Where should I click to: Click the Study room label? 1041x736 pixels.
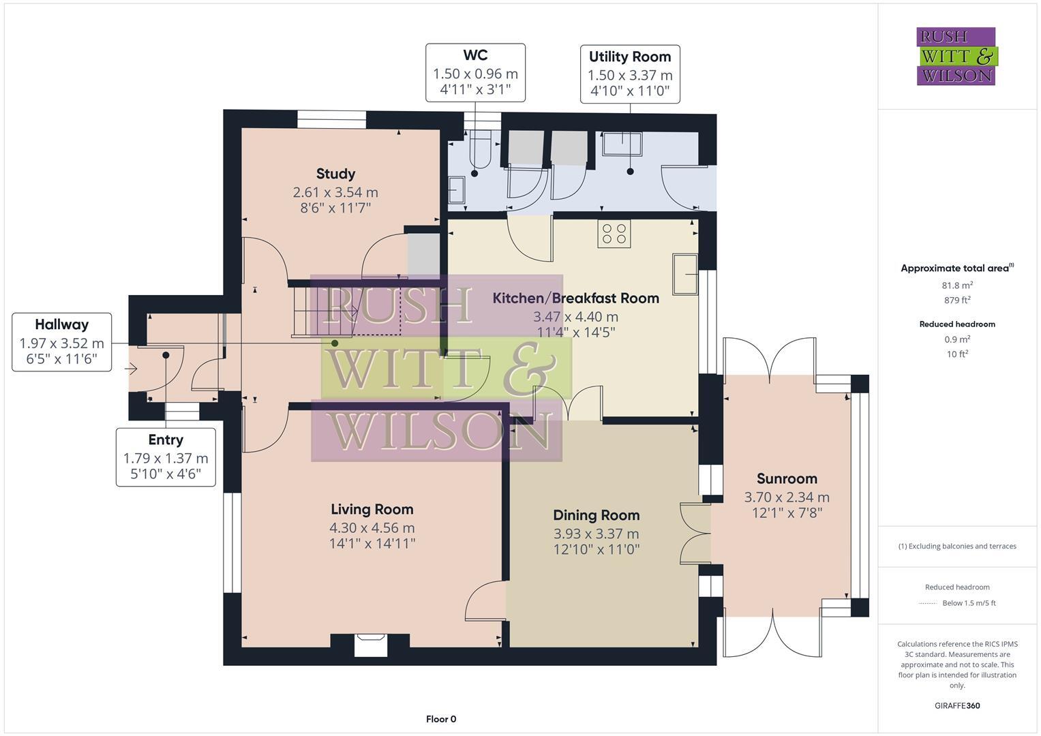pyautogui.click(x=335, y=174)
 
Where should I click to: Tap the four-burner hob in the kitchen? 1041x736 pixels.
pyautogui.click(x=614, y=233)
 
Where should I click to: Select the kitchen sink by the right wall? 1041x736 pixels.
pyautogui.click(x=685, y=275)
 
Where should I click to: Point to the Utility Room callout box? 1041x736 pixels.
pyautogui.click(x=630, y=74)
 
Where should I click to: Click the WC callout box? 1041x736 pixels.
pyautogui.click(x=475, y=72)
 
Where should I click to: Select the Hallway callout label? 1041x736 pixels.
pyautogui.click(x=61, y=325)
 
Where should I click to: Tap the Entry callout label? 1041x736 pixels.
pyautogui.click(x=166, y=440)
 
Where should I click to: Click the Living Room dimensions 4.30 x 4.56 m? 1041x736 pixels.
pyautogui.click(x=372, y=527)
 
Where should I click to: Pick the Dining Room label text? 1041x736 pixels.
pyautogui.click(x=596, y=515)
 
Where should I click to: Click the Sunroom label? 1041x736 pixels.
pyautogui.click(x=787, y=478)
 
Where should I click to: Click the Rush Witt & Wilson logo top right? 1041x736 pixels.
pyautogui.click(x=956, y=57)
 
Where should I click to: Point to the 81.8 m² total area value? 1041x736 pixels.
pyautogui.click(x=957, y=286)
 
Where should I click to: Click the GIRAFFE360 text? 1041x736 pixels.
pyautogui.click(x=957, y=706)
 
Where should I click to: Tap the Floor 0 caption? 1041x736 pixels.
pyautogui.click(x=441, y=719)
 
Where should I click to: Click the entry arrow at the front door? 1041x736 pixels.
pyautogui.click(x=132, y=369)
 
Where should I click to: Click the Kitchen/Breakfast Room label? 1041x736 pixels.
pyautogui.click(x=575, y=298)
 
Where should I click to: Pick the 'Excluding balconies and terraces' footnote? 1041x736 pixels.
pyautogui.click(x=957, y=546)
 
